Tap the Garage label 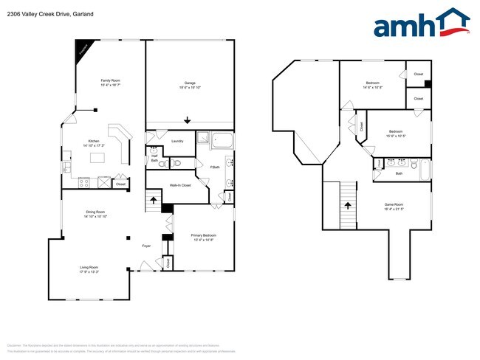(189, 83)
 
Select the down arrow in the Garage (188, 120)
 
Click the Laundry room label (177, 141)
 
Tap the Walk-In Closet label (180, 185)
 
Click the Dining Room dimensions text (95, 217)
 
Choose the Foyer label (147, 266)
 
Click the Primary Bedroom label (204, 235)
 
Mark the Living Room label (89, 267)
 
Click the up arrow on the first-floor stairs (154, 199)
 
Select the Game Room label (394, 205)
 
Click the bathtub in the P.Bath (221, 140)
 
